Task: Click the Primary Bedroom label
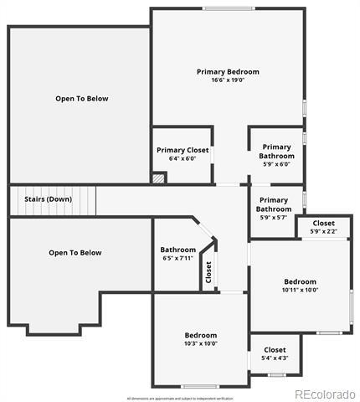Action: [x=228, y=72]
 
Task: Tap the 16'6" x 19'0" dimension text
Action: [x=228, y=81]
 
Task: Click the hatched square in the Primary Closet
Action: [x=158, y=178]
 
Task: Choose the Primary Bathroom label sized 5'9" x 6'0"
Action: [x=276, y=152]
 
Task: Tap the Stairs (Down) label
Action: [x=47, y=199]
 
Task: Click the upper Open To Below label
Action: [x=81, y=99]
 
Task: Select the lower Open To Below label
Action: [x=75, y=253]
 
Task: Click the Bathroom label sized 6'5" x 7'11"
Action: [x=177, y=250]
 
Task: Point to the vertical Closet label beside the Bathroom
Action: [x=209, y=273]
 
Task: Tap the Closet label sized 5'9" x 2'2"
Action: [x=322, y=224]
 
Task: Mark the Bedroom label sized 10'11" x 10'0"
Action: [x=300, y=281]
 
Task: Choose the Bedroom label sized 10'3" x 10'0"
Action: [x=200, y=334]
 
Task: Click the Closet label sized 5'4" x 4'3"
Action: [x=275, y=349]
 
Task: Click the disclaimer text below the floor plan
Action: [x=179, y=397]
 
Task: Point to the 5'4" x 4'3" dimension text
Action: [x=275, y=358]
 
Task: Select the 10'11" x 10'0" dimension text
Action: [x=300, y=291]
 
